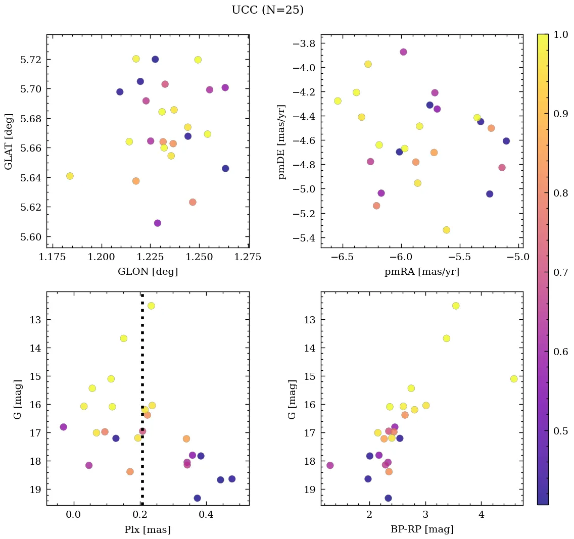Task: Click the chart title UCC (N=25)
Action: coord(267,10)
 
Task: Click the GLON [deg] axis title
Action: coord(148,272)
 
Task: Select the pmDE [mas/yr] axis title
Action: coord(282,142)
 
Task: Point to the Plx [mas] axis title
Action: coord(148,529)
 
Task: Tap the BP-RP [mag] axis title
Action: coord(422,529)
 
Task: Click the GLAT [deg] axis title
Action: coord(9,142)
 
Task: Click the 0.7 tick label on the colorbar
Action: coord(561,272)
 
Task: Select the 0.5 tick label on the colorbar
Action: coord(561,431)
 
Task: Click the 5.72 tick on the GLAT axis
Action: coord(31,60)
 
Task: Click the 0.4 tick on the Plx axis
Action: coord(206,514)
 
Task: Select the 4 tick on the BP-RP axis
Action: coord(481,514)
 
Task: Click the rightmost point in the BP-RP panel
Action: coord(514,379)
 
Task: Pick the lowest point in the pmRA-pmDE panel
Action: coord(446,230)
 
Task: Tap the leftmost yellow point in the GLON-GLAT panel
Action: coord(70,176)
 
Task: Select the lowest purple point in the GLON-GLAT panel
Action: coord(158,223)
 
